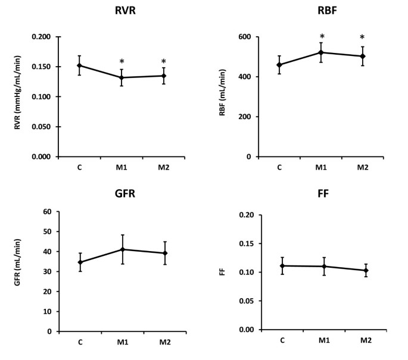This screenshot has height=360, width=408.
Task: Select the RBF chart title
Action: (x=321, y=12)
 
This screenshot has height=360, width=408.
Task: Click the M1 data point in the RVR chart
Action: (x=122, y=78)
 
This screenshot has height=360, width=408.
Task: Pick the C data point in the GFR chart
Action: (x=80, y=262)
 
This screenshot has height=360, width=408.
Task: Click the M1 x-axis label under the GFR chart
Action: (x=122, y=342)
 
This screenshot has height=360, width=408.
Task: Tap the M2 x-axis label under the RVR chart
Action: (x=163, y=167)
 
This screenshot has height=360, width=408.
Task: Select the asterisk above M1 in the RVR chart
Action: (x=122, y=62)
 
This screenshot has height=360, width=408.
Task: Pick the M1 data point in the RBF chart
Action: (x=321, y=52)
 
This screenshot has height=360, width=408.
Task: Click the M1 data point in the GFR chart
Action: (x=122, y=249)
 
